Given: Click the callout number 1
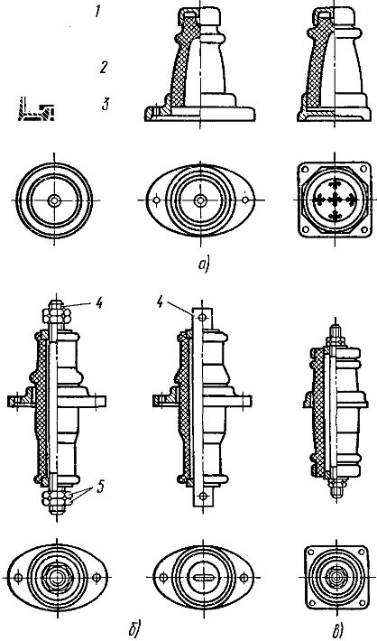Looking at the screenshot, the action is click(97, 12).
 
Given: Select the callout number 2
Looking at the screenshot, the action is click(103, 67).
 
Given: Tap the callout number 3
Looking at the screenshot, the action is click(106, 104).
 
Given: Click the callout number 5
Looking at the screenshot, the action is click(98, 487).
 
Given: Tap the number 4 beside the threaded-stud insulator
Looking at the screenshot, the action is click(99, 304).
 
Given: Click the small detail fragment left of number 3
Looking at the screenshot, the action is click(36, 109).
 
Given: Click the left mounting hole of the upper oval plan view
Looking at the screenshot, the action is click(155, 200).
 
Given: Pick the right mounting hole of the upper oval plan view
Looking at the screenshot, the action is click(245, 200).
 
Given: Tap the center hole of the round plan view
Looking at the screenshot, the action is click(53, 200).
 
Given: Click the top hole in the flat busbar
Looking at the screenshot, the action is click(200, 318).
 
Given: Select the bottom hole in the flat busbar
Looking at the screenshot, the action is click(200, 497).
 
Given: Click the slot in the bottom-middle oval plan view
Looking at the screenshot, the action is click(200, 578).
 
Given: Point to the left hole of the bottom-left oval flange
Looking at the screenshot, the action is click(17, 577).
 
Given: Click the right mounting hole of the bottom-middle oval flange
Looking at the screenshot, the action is click(244, 578).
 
